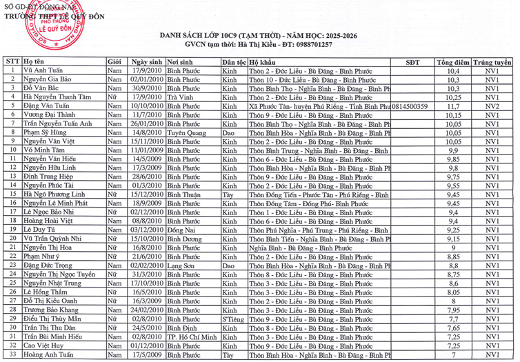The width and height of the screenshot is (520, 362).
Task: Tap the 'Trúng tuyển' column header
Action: click(492, 62)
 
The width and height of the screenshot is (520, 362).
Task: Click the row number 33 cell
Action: click(12, 355)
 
